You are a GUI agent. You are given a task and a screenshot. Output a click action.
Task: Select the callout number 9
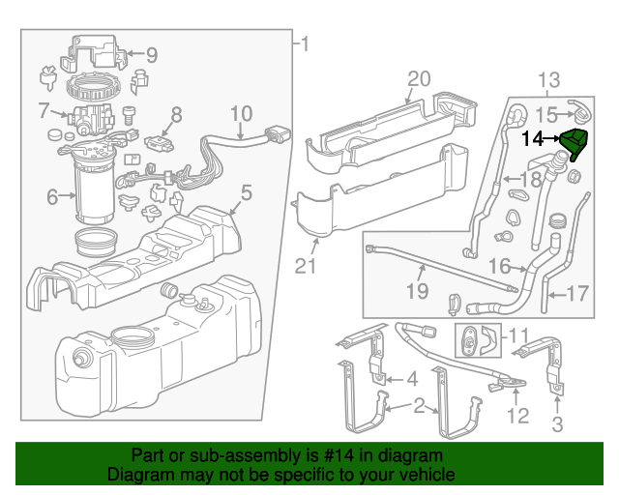[152, 54]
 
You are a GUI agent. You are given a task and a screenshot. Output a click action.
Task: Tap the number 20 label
[418, 78]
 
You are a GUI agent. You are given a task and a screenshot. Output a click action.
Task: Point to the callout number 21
[307, 265]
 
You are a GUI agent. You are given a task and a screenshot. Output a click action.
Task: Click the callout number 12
[520, 418]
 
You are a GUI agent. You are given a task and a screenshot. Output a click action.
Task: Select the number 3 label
[557, 424]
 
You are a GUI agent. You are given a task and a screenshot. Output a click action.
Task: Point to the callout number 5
[246, 192]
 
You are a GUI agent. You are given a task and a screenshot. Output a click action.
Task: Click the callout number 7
[44, 109]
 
